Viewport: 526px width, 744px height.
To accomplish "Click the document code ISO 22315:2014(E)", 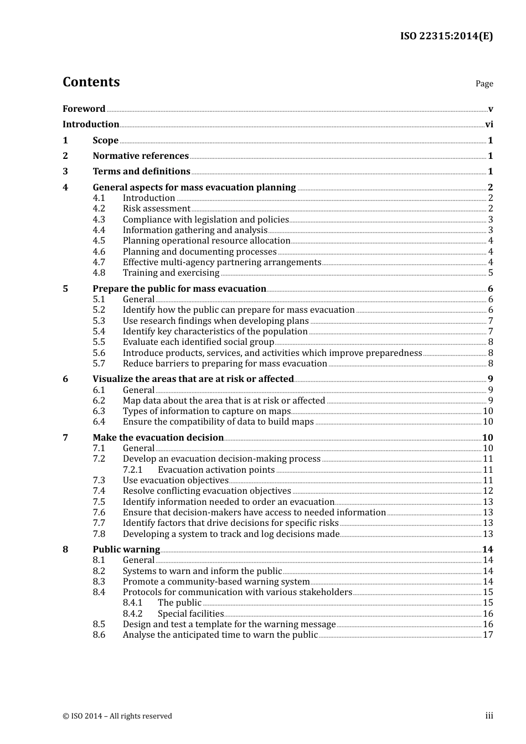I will tap(446, 36).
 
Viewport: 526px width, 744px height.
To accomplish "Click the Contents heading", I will tap(91, 82).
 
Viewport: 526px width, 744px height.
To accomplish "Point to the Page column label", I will tap(484, 84).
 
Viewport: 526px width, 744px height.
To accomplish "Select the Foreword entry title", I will tap(84, 109).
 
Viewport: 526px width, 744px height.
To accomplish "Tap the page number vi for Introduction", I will tap(489, 125).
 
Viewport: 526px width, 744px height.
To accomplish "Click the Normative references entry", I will tap(141, 156).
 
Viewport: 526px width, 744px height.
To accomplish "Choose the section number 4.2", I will tap(99, 209).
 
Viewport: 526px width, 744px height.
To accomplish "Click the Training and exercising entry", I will tap(171, 273).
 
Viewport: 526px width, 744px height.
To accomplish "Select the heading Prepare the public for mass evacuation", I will tap(179, 289).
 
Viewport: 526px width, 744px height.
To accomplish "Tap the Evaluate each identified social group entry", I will tap(198, 342).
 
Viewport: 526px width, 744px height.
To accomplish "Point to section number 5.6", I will tap(99, 353).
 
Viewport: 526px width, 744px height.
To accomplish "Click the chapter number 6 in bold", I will tap(65, 379).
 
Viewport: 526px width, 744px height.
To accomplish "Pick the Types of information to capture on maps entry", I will tap(207, 411).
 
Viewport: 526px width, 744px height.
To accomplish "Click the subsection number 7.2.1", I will tap(132, 470).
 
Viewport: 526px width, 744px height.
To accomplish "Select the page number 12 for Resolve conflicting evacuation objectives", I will tap(488, 491).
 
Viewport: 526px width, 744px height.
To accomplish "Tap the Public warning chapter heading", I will tap(126, 550).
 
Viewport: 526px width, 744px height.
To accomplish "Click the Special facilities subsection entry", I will tap(190, 614).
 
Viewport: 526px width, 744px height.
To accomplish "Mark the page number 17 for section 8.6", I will tap(488, 635).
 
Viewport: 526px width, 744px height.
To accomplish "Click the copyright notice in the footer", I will tap(117, 716).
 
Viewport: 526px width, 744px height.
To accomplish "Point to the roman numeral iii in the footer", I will tap(489, 716).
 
